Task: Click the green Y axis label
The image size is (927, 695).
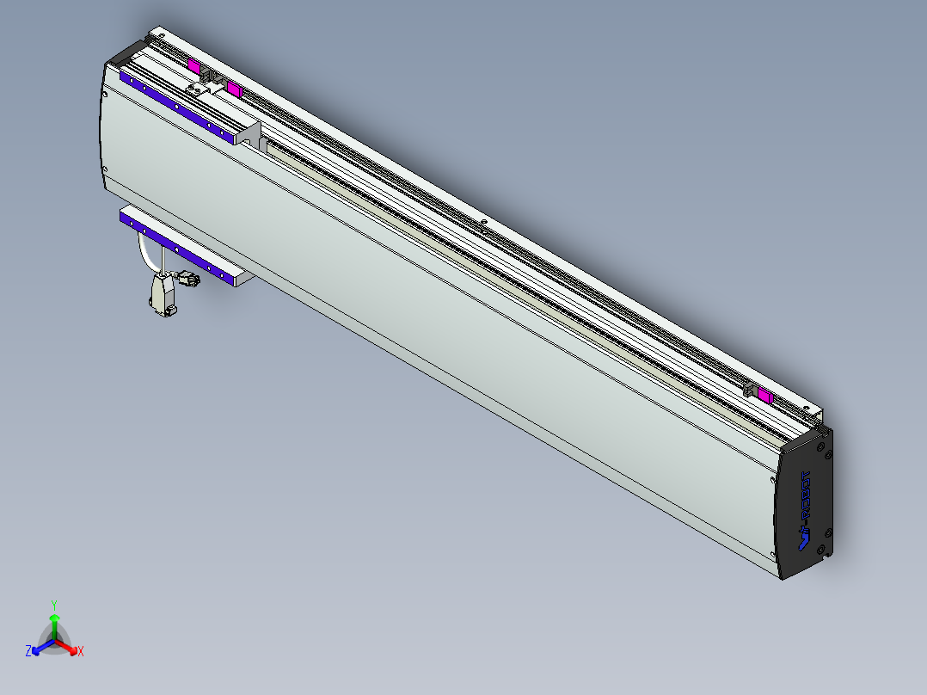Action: point(53,605)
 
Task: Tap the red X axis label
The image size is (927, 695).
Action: point(81,652)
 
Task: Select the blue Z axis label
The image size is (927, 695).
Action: point(28,652)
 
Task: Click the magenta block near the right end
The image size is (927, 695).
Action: point(764,395)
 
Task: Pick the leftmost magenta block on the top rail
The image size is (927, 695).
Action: point(193,66)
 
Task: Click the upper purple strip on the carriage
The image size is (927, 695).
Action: point(176,108)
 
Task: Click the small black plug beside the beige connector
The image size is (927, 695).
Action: point(187,279)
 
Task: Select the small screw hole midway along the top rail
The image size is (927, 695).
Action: point(484,227)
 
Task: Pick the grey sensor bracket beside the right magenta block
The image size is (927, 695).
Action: point(750,390)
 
